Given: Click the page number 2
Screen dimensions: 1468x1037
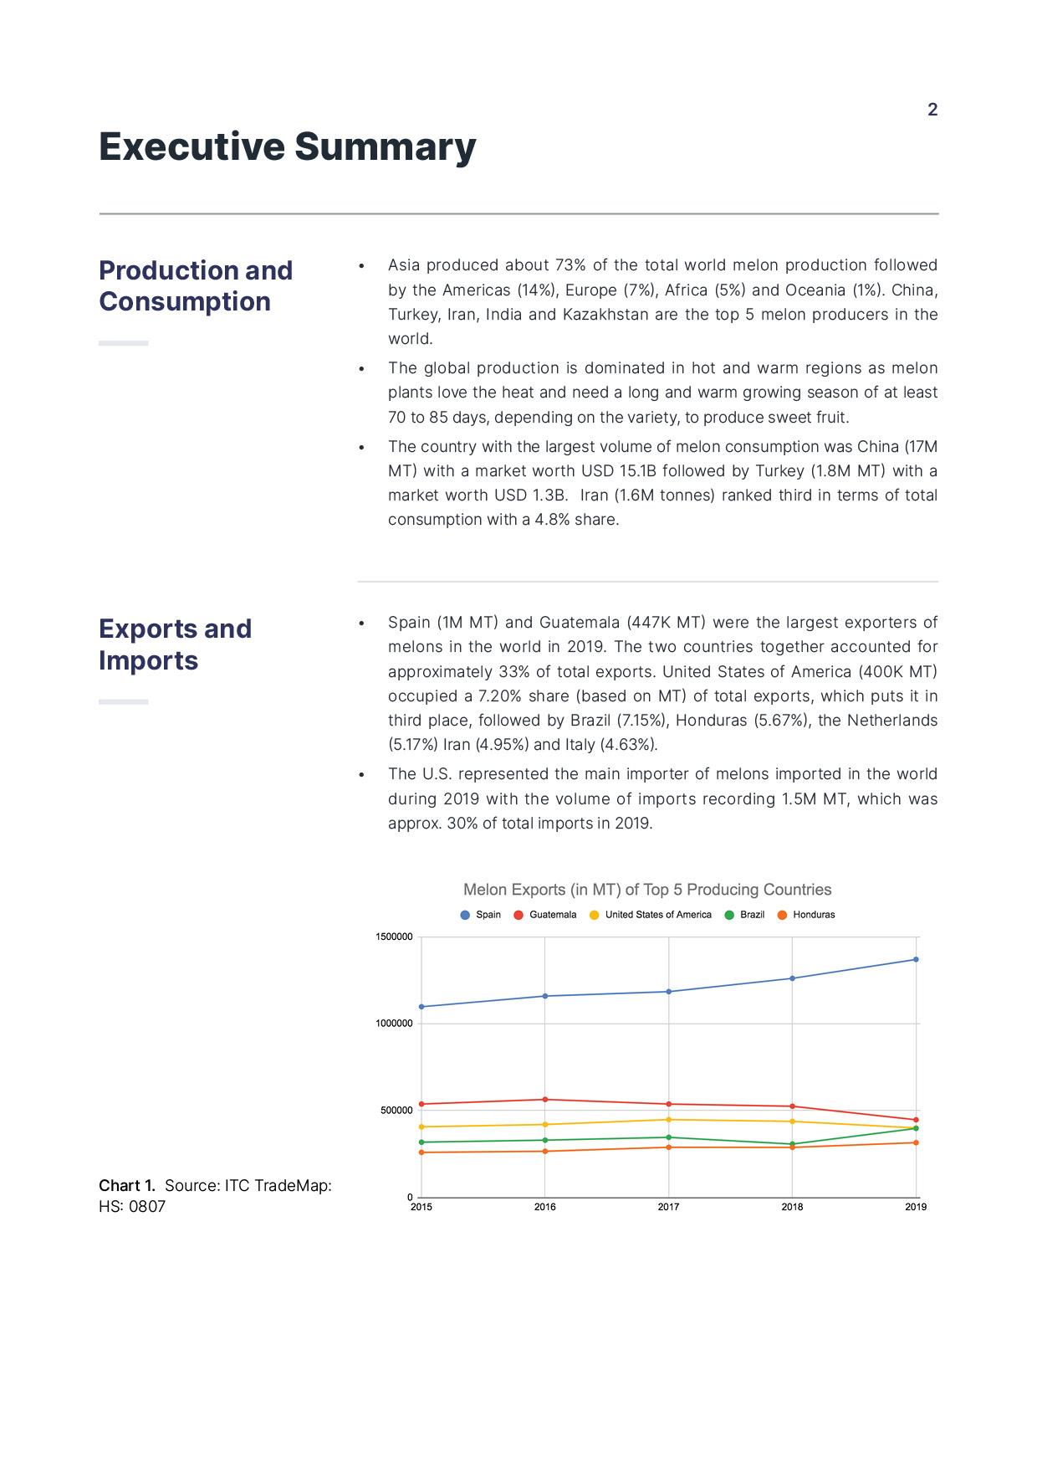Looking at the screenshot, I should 932,110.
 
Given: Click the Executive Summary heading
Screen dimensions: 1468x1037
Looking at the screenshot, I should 287,146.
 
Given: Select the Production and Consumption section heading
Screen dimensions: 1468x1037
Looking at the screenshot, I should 196,286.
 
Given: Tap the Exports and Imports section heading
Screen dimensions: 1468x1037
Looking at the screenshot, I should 175,644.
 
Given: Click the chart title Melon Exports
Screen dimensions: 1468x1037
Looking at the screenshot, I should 647,890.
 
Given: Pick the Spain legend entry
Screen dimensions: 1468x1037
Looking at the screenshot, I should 481,915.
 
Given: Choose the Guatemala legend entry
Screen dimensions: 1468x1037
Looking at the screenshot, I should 545,915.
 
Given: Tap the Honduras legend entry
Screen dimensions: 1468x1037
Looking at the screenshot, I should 806,915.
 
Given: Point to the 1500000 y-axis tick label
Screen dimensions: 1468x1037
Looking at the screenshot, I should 395,937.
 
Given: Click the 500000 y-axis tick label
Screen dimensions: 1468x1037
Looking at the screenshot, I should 397,1111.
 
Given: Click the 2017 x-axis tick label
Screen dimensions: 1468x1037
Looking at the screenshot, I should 668,1207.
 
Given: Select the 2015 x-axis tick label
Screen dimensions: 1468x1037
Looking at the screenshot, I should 421,1207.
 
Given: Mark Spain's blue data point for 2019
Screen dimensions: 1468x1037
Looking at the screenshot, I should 916,959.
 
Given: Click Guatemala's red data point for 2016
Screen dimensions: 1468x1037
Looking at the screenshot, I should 545,1100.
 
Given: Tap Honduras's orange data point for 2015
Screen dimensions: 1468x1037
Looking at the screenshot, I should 421,1152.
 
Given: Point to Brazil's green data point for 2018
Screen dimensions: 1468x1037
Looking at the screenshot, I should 792,1144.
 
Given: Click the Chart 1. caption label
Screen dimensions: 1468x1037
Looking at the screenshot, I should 127,1185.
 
